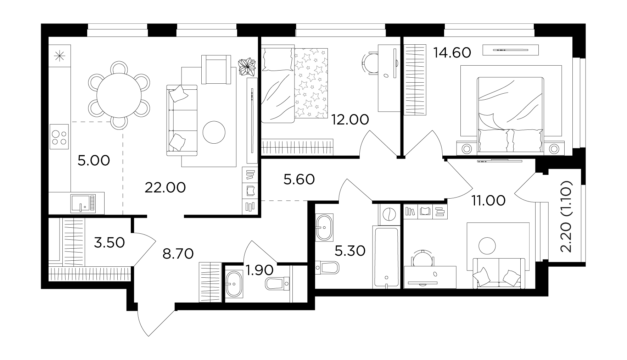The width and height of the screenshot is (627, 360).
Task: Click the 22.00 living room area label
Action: (165, 188)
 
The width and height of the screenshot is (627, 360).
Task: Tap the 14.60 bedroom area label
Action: (452, 53)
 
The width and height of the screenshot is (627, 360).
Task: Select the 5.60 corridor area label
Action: (299, 179)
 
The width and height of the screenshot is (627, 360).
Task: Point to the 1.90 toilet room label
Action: (259, 271)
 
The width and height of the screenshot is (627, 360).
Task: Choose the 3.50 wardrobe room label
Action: (109, 243)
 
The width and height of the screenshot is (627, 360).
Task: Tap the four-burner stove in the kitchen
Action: (59, 136)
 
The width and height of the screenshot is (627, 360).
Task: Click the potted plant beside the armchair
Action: (247, 67)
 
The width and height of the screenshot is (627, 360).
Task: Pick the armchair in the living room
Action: (216, 69)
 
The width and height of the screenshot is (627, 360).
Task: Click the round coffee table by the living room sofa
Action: (214, 132)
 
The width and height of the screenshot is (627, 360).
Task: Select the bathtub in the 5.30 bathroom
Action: (386, 257)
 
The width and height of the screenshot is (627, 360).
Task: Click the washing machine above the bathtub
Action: (390, 214)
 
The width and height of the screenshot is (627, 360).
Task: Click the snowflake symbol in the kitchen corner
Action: (59, 56)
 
